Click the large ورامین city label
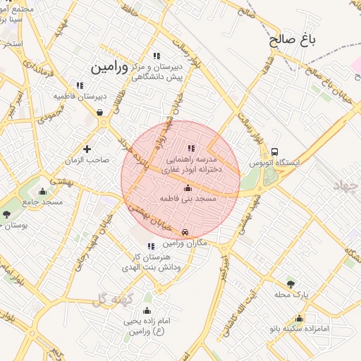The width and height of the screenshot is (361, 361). pos(110,67)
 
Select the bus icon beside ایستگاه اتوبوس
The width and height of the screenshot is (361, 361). pos(274,151)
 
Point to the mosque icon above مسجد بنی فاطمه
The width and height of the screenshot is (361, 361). pos(188,188)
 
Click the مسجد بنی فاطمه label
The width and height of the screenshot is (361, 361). pos(188,200)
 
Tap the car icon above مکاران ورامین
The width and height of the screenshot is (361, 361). pos(185,232)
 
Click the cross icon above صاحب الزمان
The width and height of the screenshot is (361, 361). pos(87,149)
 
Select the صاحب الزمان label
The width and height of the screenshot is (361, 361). pos(89,160)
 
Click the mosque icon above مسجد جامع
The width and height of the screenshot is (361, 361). pos(42,191)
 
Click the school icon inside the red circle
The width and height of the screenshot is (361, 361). pos(191,148)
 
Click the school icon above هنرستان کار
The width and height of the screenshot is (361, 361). pos(151,246)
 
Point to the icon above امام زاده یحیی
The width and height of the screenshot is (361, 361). pos(147,311)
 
